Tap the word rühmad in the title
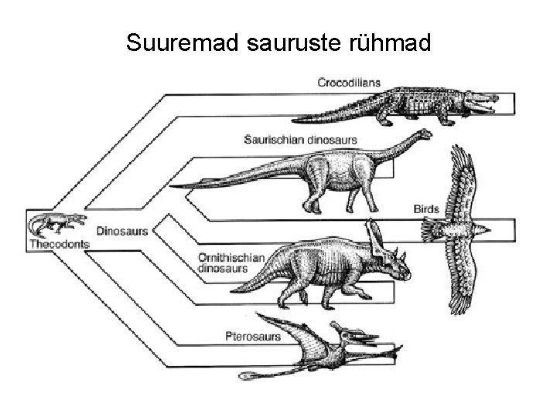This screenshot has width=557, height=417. point(392,44)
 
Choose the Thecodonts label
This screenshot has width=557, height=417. point(59,244)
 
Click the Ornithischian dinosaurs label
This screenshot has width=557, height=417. point(231,263)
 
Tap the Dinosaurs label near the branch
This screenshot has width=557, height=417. point(122,231)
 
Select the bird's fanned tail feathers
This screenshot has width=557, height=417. point(429,230)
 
